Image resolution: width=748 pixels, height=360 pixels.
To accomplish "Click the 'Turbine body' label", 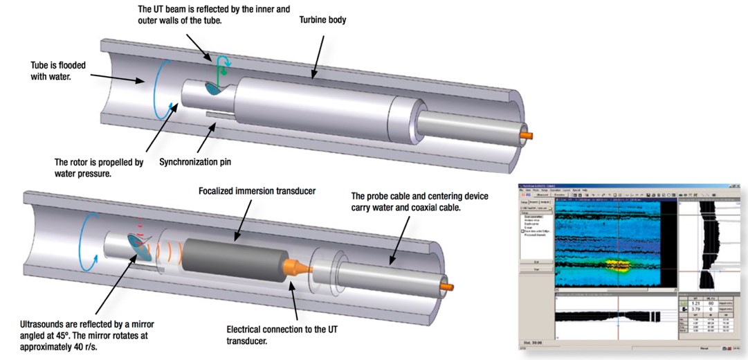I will (322, 20).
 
